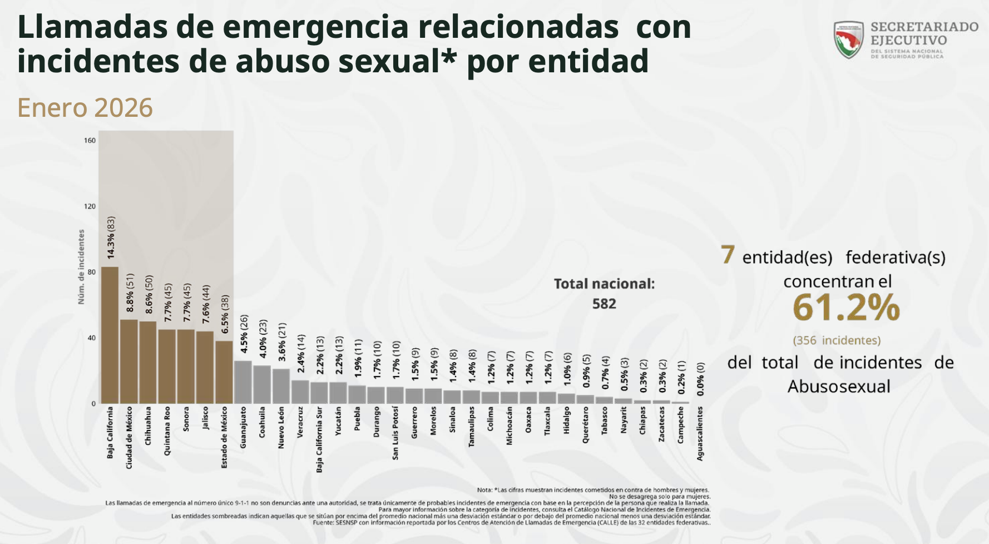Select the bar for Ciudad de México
(x=129, y=361)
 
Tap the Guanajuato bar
(x=243, y=382)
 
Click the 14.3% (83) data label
(x=111, y=238)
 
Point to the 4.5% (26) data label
(x=244, y=334)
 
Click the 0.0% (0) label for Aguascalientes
(x=700, y=379)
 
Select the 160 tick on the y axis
(x=90, y=140)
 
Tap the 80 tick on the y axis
(x=91, y=272)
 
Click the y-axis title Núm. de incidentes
(x=81, y=267)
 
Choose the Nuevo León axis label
(x=281, y=428)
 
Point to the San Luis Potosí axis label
(x=395, y=433)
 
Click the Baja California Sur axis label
(x=319, y=439)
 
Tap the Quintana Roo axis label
(x=167, y=431)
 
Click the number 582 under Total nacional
(x=604, y=304)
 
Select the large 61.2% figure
(x=846, y=308)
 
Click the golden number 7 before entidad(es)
(x=728, y=255)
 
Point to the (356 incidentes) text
(x=837, y=340)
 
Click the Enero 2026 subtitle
(x=85, y=108)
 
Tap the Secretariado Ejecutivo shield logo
(x=848, y=39)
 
